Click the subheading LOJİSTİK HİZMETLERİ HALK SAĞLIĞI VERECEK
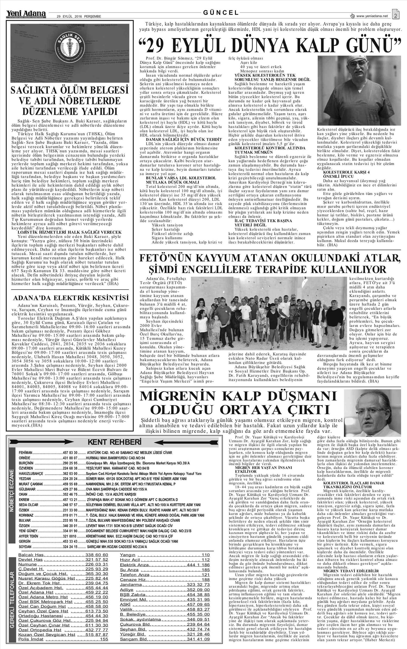[x=69, y=232]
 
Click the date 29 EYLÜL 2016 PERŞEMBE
[x=79, y=16]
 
